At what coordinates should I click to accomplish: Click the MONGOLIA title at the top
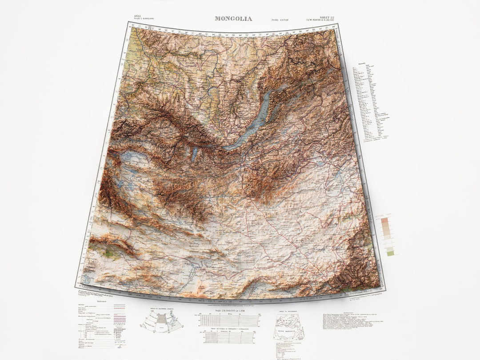pos(233,19)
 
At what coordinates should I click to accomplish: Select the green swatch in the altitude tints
pos(390,253)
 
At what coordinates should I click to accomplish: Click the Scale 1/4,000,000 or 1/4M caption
pos(232,310)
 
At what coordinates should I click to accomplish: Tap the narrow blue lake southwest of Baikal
pos(194,154)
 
